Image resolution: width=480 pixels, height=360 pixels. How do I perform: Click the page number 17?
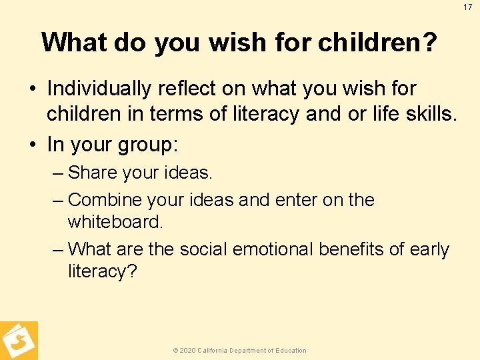click(468, 7)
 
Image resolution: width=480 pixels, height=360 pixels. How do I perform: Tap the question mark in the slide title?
click(431, 43)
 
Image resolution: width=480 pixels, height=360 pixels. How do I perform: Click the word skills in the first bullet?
click(430, 114)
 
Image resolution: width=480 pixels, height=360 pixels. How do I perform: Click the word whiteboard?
click(115, 222)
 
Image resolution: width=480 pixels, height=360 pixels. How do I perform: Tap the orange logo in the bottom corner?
click(18, 341)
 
